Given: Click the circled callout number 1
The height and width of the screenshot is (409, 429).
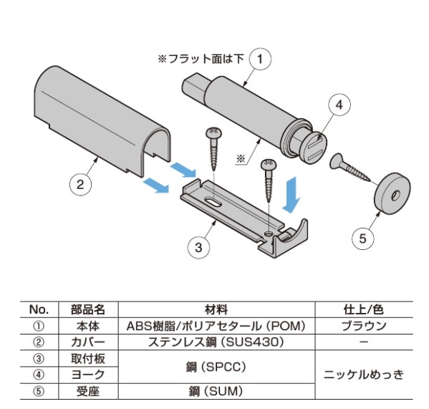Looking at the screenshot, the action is click(x=260, y=59).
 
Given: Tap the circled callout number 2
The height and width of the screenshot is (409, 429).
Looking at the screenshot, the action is click(x=80, y=185).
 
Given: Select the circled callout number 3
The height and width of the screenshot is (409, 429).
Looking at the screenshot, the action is click(x=198, y=248).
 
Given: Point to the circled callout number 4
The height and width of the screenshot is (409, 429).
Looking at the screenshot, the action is click(x=339, y=105).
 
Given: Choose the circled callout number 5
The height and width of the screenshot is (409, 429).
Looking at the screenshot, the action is click(x=363, y=239).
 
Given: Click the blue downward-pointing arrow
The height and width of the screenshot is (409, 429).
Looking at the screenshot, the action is click(x=292, y=195).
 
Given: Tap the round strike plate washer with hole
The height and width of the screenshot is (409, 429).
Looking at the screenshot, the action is click(x=392, y=193).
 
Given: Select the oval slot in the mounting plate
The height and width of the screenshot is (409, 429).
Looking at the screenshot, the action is click(x=213, y=202).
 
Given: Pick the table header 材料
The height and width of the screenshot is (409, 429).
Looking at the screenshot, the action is click(x=216, y=309).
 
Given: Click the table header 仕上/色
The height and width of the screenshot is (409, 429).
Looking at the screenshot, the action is click(x=364, y=309).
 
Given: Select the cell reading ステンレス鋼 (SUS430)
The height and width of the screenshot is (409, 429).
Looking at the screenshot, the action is click(x=216, y=342).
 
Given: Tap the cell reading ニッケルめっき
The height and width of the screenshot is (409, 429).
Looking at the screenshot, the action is click(x=364, y=375).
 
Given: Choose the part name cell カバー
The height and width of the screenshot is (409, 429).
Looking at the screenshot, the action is click(x=88, y=342).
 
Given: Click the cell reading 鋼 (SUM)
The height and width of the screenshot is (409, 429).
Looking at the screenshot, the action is click(x=216, y=391).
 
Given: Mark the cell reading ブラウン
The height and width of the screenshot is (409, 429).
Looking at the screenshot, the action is click(x=364, y=326).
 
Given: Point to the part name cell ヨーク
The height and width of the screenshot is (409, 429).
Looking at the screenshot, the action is click(x=88, y=375).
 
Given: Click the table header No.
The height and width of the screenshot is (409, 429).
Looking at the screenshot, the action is click(x=39, y=309).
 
